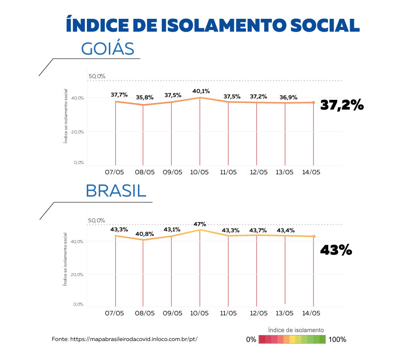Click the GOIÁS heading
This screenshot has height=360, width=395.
[107, 48]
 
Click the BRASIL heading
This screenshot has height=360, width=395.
[116, 191]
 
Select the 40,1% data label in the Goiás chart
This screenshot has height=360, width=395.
[200, 91]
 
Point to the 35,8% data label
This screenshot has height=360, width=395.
[145, 97]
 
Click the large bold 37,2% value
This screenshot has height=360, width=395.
[341, 106]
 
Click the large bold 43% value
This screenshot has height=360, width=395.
[336, 250]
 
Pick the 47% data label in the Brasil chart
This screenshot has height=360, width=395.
[200, 224]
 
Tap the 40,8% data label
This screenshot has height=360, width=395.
[145, 233]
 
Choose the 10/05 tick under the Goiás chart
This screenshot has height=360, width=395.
[199, 172]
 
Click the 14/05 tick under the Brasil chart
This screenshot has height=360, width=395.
[311, 313]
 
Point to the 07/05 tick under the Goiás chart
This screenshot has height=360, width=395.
[115, 172]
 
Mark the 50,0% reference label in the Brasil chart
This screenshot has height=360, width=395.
[96, 220]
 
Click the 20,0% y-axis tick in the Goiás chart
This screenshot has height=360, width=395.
[78, 132]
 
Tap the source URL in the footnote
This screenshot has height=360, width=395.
[133, 339]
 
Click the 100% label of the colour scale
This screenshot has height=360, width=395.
[337, 339]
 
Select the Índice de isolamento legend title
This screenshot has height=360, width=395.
[296, 330]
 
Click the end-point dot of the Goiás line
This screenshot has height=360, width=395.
[313, 103]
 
